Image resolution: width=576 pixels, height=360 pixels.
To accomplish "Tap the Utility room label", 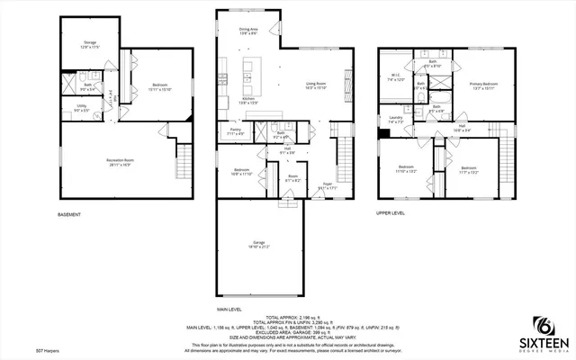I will pyautogui.click(x=81, y=111).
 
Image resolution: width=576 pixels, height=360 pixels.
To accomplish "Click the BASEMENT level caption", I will pyautogui.click(x=69, y=214).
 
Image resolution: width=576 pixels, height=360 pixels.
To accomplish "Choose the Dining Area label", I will pyautogui.click(x=248, y=31).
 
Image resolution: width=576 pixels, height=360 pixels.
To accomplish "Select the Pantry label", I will pyautogui.click(x=235, y=131).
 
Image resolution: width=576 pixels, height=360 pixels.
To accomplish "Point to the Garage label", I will pyautogui.click(x=259, y=244).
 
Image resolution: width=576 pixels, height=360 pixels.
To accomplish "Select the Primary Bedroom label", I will pyautogui.click(x=483, y=86).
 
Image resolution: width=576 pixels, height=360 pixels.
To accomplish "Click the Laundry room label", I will pyautogui.click(x=395, y=120).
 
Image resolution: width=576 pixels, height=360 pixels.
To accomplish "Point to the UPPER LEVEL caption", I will pyautogui.click(x=391, y=214).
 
